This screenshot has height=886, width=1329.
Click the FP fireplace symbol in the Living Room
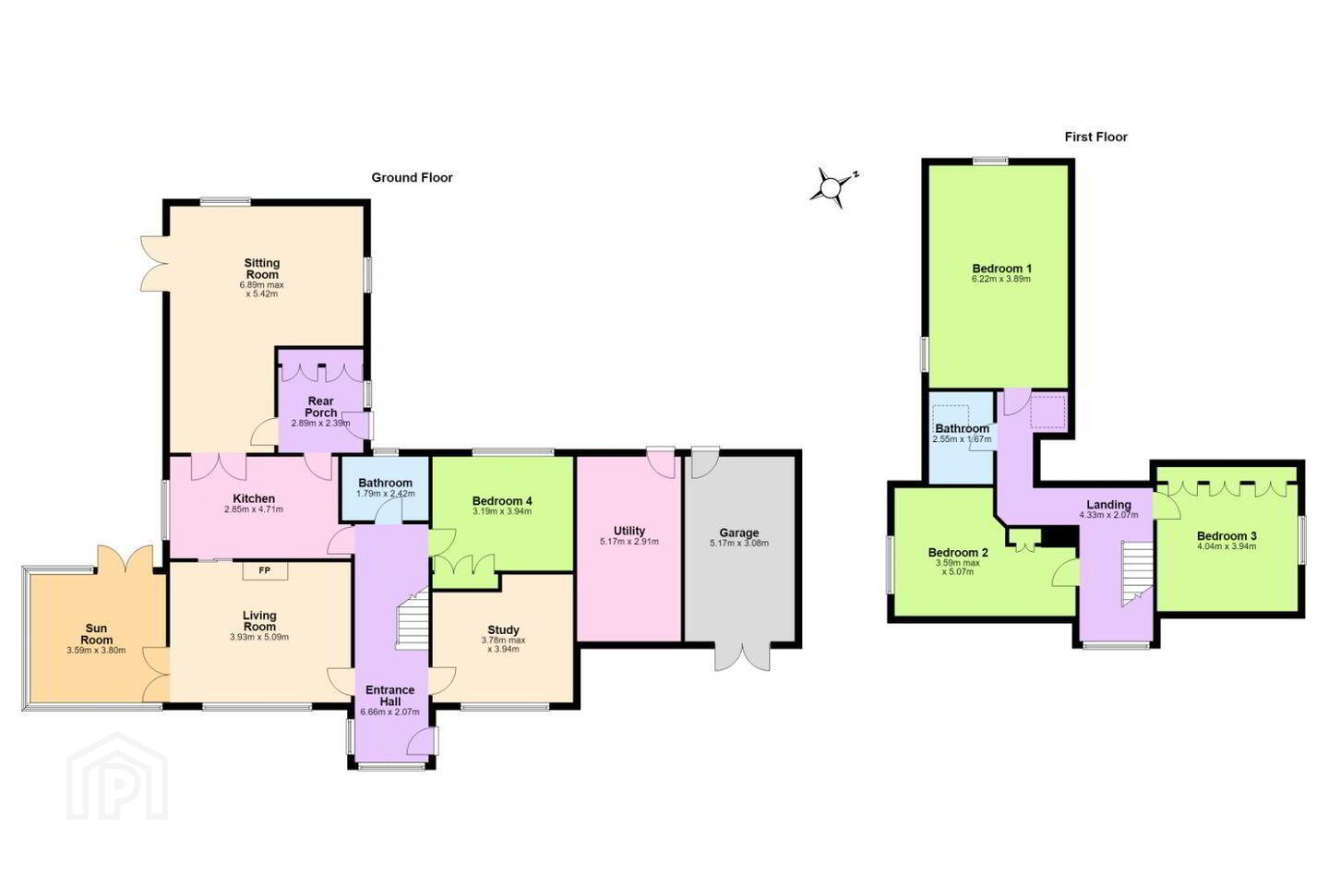tap(265, 571)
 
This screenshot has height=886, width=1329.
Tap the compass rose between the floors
tap(833, 187)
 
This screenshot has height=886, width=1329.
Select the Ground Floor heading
tap(412, 177)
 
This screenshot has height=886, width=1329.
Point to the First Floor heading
tap(1096, 138)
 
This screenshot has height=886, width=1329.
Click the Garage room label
tap(739, 533)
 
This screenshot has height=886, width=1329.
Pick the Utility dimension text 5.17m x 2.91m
tap(629, 542)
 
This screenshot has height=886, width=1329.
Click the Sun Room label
tap(96, 634)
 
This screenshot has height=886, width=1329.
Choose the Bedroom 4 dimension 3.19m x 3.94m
tap(502, 511)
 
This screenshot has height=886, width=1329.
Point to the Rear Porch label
tap(321, 407)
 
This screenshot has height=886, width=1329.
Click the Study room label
tap(503, 629)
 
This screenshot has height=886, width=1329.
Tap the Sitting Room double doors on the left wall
tap(154, 263)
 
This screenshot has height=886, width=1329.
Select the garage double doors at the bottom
tap(742, 656)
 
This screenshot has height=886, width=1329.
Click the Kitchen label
tap(253, 498)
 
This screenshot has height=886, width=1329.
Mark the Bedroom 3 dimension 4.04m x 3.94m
tap(1227, 546)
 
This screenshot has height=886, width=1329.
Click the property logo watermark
tap(117, 776)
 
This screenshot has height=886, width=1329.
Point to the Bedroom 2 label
tap(958, 553)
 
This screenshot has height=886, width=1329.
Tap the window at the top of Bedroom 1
tap(990, 161)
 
